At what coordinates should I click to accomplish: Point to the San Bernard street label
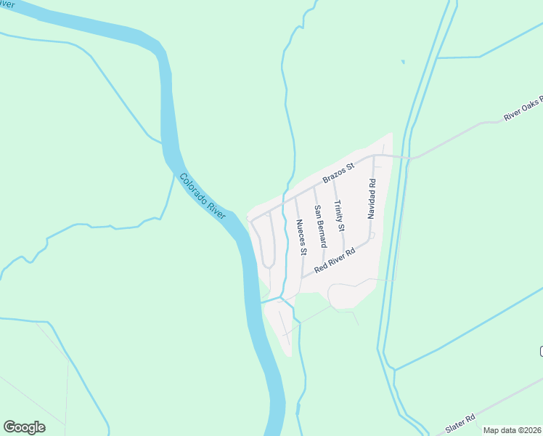click(x=319, y=226)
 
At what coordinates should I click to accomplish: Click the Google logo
click(x=24, y=427)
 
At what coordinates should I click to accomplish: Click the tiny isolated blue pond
click(x=401, y=62)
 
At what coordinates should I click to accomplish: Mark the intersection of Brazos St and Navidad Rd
click(x=375, y=156)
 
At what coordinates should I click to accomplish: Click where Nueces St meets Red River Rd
click(x=302, y=277)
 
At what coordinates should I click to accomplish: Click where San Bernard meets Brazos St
click(x=314, y=187)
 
